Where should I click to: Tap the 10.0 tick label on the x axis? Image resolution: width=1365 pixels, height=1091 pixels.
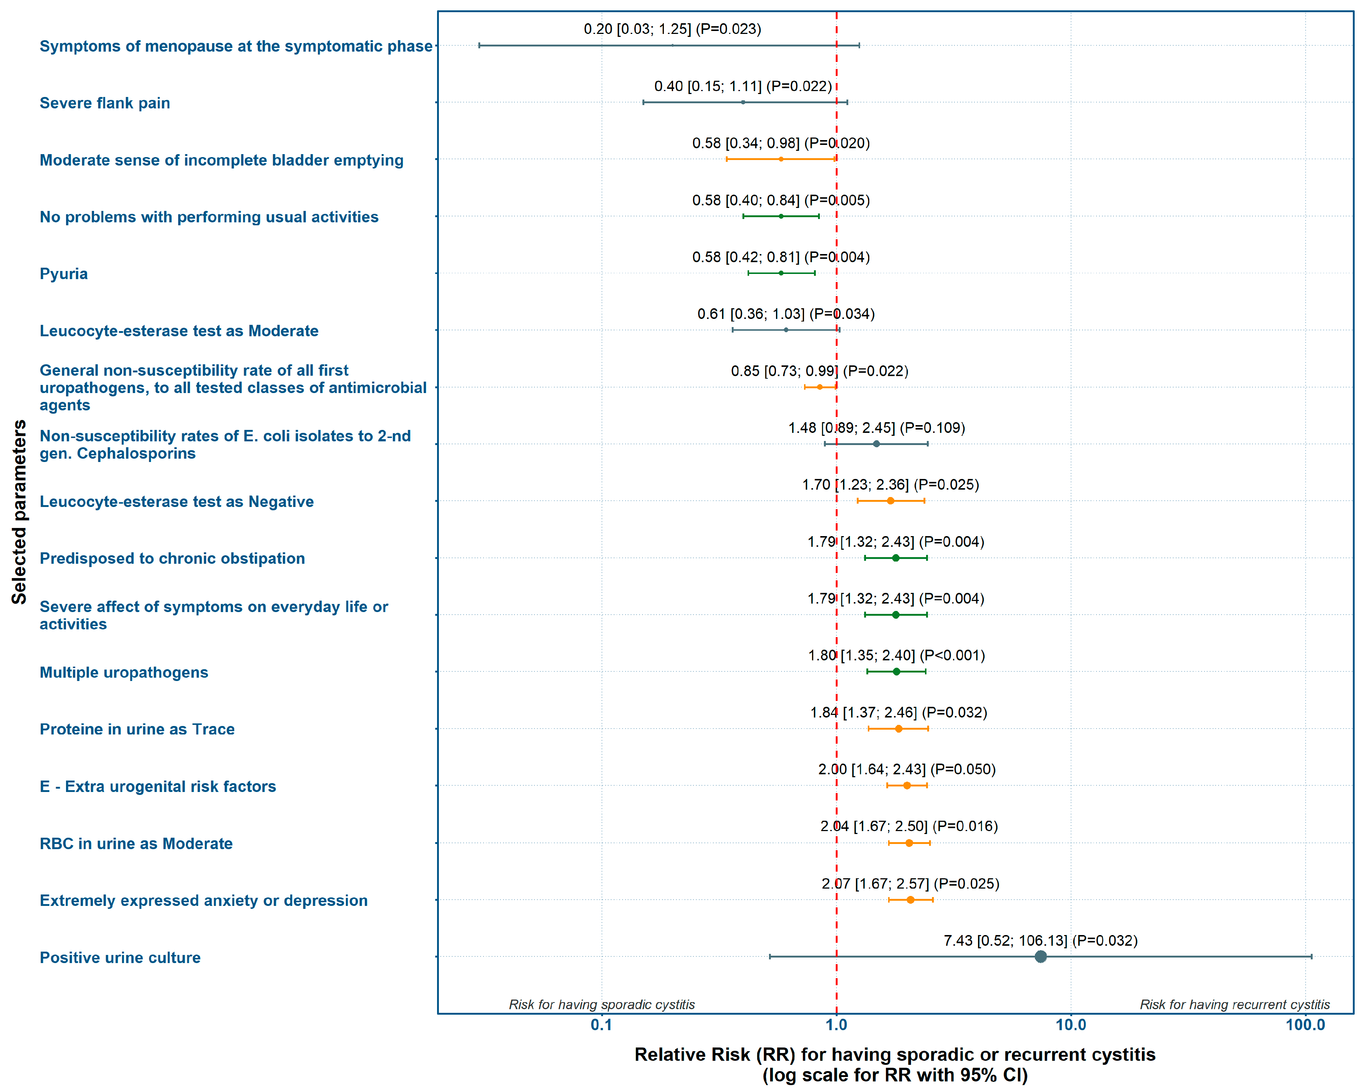point(1071,1025)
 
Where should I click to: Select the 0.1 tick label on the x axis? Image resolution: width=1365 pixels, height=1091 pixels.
point(602,1025)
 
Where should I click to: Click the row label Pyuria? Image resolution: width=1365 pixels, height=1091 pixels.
point(63,274)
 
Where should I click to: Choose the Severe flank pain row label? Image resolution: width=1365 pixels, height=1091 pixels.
point(104,103)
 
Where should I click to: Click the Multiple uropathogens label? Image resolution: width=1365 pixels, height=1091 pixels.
point(124,672)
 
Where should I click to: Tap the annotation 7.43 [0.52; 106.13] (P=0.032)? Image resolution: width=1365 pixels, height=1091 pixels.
point(1040,941)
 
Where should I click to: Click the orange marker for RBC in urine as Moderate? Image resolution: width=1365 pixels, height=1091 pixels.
point(909,843)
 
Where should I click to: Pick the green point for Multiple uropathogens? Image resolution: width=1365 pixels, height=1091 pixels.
point(896,671)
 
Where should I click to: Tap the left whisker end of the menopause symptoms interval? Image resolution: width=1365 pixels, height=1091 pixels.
point(479,46)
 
